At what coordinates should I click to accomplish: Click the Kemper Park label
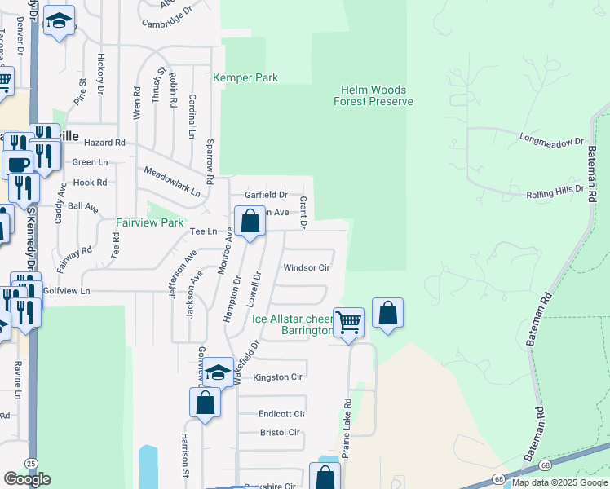coord(245,78)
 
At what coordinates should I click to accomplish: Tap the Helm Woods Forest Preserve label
coord(374,95)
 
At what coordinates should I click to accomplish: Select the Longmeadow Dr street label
coord(552,139)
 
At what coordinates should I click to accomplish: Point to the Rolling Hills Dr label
coord(555,193)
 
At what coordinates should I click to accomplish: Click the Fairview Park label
coord(149,222)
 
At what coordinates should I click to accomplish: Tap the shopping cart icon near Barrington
coord(348,322)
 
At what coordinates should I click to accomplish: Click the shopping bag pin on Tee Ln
coord(250,221)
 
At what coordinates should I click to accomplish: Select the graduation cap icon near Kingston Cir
coord(218,372)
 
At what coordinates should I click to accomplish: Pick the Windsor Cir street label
coord(306,267)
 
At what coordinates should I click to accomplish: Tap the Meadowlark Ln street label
coord(172,182)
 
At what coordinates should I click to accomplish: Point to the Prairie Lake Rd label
coord(347,427)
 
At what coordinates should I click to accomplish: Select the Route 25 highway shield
coord(31,464)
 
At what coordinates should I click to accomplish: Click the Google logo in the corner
coord(27,479)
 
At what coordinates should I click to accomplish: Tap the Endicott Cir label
coord(281,414)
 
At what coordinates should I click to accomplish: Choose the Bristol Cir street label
coord(280,432)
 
